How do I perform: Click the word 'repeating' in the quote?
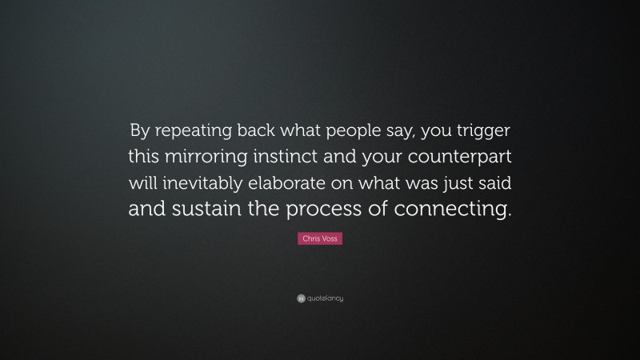189,130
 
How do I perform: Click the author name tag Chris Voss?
320,239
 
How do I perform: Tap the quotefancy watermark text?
325,298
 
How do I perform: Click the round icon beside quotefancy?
300,298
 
